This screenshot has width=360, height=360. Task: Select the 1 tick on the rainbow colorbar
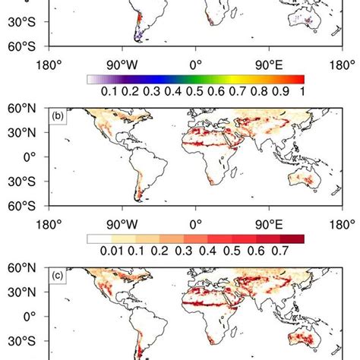(x=302, y=92)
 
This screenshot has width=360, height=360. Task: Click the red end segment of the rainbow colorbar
(x=297, y=78)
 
